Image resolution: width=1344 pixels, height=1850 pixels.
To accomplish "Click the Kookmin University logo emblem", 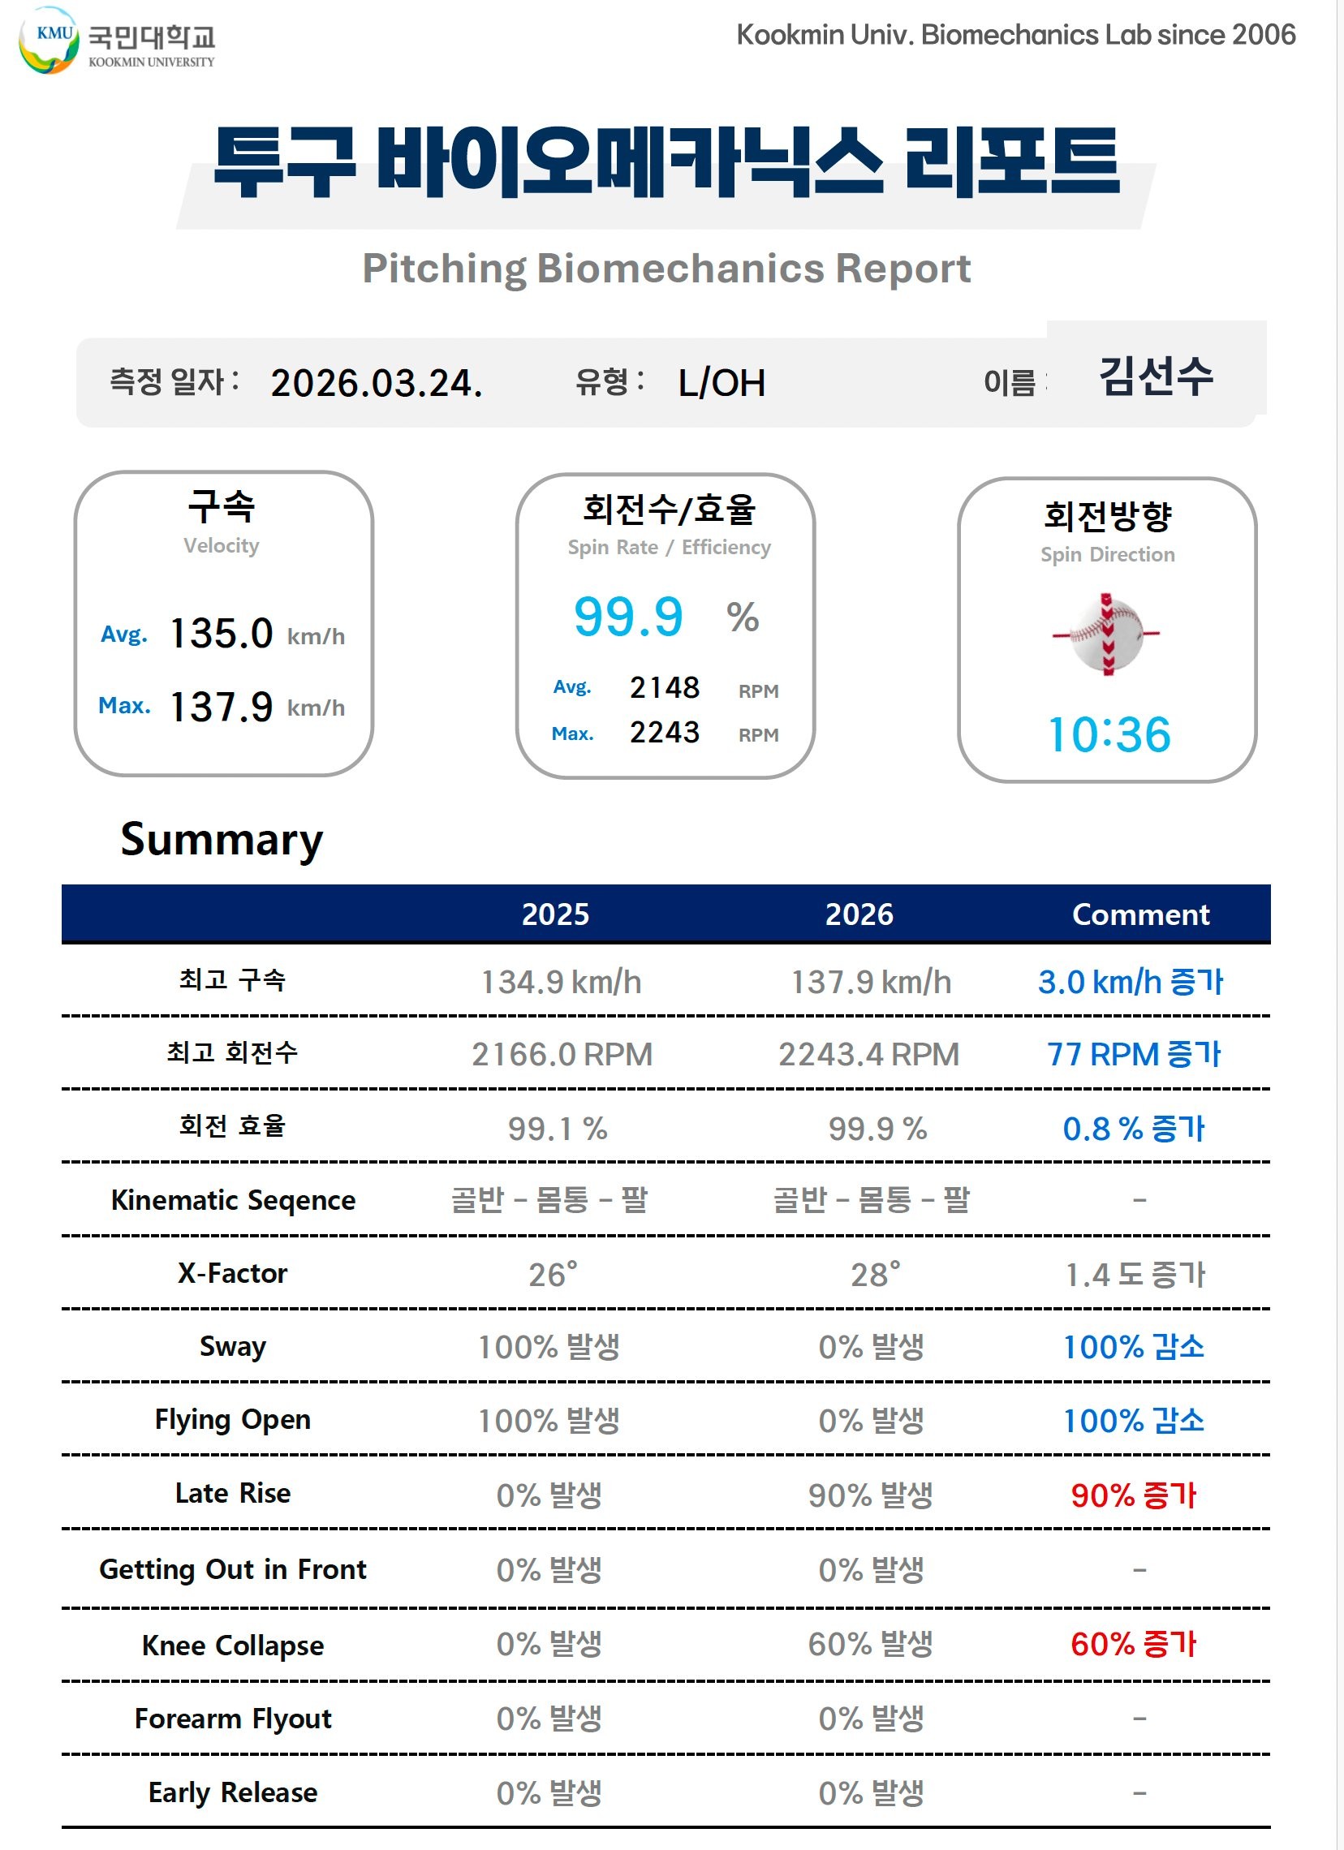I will [x=49, y=40].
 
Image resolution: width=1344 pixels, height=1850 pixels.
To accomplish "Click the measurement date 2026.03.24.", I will [x=377, y=383].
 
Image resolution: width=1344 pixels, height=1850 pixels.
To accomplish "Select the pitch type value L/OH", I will [x=722, y=382].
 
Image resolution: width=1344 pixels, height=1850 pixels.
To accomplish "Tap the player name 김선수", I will [x=1156, y=376].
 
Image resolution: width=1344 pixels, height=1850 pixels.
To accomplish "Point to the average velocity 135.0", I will [x=221, y=634].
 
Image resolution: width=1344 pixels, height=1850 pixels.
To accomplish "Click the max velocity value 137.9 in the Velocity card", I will [x=221, y=707].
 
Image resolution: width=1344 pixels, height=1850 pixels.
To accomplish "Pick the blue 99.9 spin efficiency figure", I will [x=628, y=617].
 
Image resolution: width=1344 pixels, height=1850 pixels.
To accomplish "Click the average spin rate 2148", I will [x=664, y=687].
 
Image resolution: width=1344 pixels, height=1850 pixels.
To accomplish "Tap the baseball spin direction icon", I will [x=1106, y=634].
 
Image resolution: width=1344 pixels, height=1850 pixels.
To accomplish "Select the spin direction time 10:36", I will [x=1108, y=734].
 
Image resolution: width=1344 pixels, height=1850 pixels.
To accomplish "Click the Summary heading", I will [x=222, y=839].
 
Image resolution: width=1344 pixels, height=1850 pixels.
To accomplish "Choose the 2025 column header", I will [x=555, y=914].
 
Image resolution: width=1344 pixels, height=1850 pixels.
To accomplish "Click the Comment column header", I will [x=1140, y=914].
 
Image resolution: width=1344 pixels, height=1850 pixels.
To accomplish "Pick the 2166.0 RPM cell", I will [x=562, y=1055].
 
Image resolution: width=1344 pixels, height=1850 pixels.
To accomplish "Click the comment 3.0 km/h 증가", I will [x=1131, y=982].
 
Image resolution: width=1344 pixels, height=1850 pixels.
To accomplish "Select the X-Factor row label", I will [x=233, y=1273].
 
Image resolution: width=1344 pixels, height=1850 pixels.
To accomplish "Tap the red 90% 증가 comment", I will [x=1133, y=1495].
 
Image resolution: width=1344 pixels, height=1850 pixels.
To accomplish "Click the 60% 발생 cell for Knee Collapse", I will [x=870, y=1645].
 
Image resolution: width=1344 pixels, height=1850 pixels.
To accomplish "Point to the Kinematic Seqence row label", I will [x=233, y=1200].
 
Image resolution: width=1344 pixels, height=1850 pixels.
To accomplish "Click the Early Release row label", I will [x=233, y=1792].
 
